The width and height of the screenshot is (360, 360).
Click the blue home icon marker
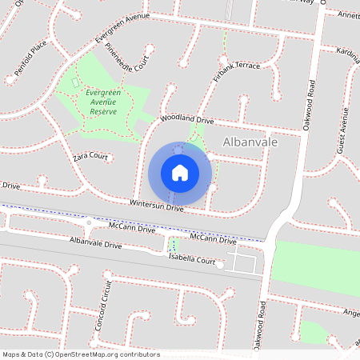180,172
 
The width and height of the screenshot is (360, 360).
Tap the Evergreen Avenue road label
122,27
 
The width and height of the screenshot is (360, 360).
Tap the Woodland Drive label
187,119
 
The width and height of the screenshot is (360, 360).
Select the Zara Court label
90,157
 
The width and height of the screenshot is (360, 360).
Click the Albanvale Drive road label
95,242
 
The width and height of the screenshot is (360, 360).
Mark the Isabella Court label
192,261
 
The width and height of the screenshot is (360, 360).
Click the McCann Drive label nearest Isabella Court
214,239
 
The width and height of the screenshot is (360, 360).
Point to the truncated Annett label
349,15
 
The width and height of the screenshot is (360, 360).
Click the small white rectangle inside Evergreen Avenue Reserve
76,82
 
